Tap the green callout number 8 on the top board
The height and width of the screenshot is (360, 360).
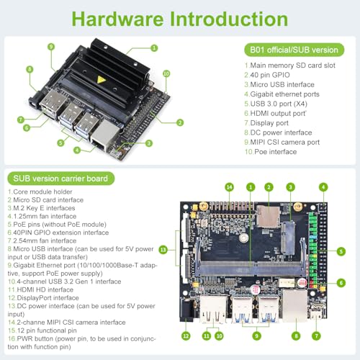30,70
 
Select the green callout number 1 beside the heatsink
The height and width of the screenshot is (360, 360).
154,48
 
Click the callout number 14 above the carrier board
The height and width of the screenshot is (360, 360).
230,186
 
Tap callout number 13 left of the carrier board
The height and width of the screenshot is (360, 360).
163,249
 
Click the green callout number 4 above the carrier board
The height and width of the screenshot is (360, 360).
323,186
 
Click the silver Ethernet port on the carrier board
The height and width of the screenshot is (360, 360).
294,302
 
